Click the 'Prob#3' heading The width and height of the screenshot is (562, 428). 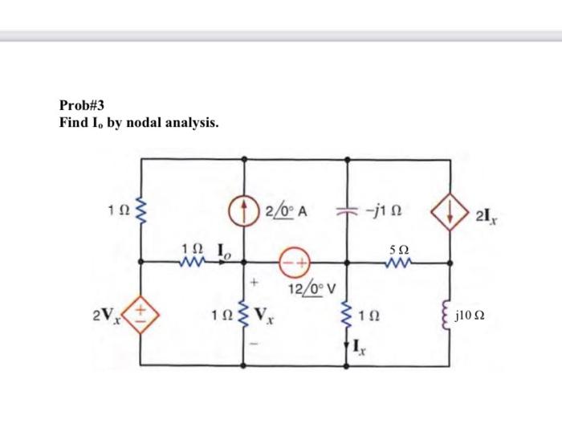point(83,104)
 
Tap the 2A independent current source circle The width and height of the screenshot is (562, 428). point(245,211)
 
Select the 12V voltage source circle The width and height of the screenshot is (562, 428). point(295,262)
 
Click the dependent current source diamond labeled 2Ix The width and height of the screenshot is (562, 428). point(449,211)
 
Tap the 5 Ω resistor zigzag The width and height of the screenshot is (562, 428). point(398,260)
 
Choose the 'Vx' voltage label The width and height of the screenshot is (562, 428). point(269,314)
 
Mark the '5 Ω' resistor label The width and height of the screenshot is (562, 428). point(398,244)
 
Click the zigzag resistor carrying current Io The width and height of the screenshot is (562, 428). point(194,261)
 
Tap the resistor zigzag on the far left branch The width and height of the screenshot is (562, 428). point(142,211)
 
